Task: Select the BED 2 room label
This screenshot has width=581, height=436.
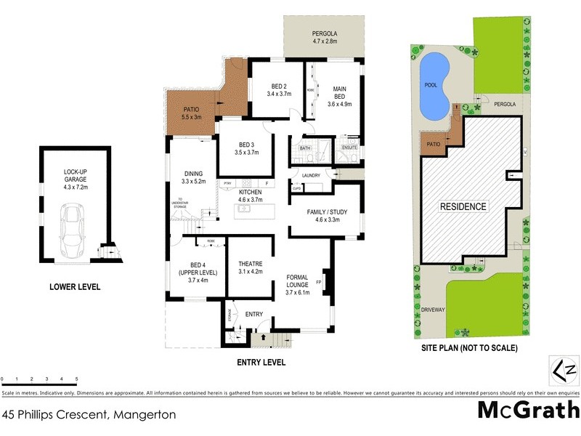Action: coord(279,89)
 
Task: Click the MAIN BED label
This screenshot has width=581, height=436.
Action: coord(339,94)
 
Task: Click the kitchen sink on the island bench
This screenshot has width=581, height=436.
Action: coord(245,209)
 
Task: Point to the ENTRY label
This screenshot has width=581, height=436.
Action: coord(254,315)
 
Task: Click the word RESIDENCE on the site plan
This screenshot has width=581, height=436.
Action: coord(463,206)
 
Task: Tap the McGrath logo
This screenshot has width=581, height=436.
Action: coord(528,411)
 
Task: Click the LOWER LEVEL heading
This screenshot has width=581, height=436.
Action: coord(75,287)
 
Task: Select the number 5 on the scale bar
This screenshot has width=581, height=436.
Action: coord(76,379)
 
